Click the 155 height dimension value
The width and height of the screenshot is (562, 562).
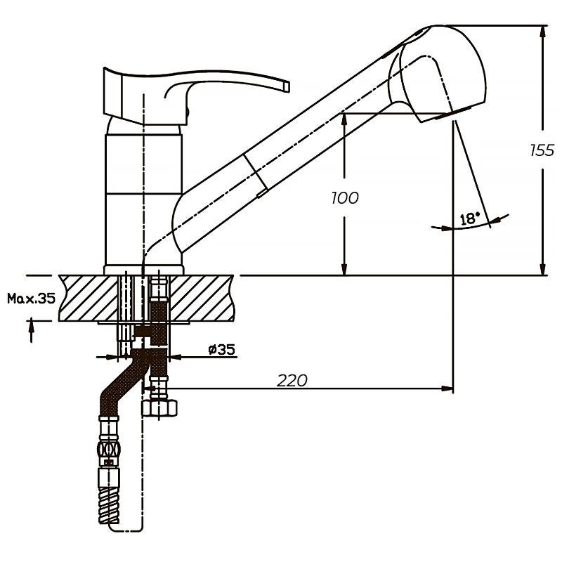click(x=542, y=150)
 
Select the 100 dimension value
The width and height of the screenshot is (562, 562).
click(x=345, y=198)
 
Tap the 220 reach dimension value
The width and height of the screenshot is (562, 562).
click(x=292, y=380)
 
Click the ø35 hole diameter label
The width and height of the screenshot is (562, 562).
click(x=222, y=348)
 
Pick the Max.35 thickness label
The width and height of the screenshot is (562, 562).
click(x=32, y=298)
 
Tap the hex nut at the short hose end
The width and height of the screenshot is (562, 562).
click(x=159, y=408)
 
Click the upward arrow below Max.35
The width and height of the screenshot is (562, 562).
click(x=31, y=329)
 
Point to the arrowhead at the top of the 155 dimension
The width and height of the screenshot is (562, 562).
click(x=542, y=32)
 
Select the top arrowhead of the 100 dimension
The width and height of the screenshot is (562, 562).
click(x=344, y=119)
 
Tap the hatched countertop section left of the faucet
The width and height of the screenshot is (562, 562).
click(x=89, y=298)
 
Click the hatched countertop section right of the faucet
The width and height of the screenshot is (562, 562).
click(x=202, y=298)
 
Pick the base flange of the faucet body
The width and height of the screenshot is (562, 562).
click(x=144, y=270)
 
